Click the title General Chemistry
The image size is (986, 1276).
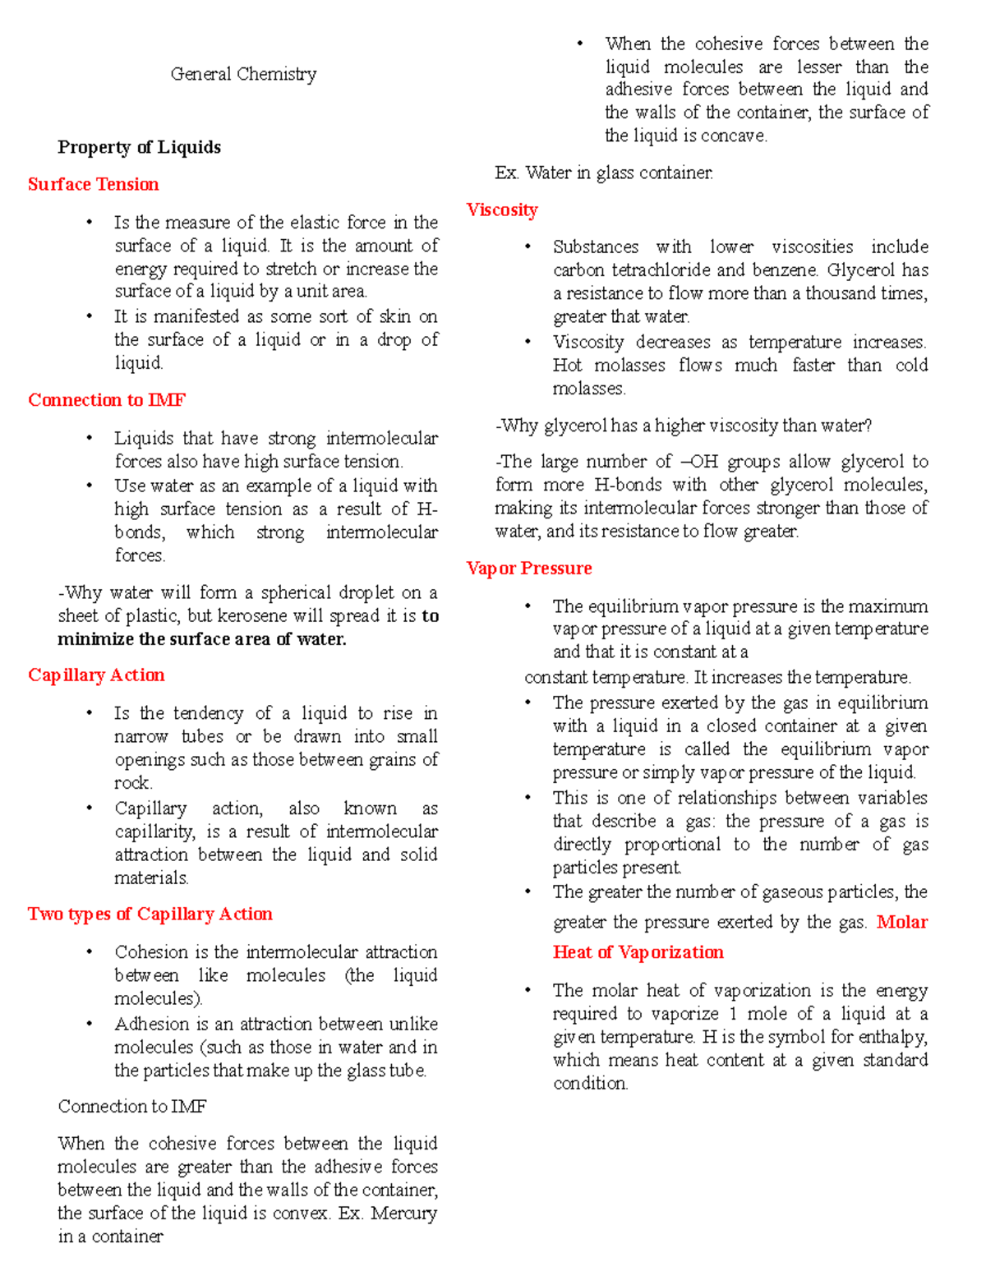click(243, 74)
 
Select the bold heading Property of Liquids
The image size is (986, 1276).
click(139, 147)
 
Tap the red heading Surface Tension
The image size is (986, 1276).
click(93, 184)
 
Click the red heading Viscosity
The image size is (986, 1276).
click(501, 210)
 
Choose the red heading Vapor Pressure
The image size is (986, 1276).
click(528, 568)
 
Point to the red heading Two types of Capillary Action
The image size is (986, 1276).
click(150, 914)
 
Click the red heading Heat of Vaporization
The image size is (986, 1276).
click(638, 951)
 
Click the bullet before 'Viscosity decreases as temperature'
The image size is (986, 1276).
click(528, 342)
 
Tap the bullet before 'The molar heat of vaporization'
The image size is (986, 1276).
click(528, 990)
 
